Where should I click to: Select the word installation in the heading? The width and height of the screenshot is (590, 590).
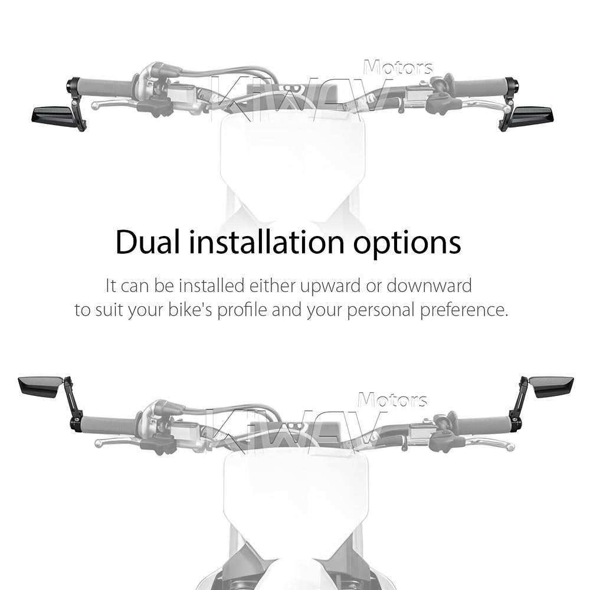click(267, 242)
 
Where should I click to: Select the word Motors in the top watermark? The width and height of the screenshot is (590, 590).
click(398, 68)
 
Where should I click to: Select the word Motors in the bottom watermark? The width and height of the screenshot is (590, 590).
click(392, 399)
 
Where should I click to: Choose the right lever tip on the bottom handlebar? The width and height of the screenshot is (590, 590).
click(510, 447)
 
